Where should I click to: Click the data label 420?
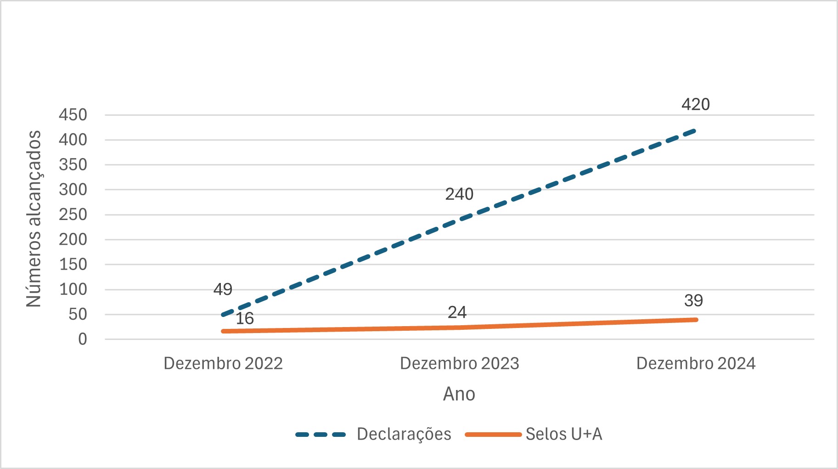click(695, 105)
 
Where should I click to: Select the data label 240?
click(459, 194)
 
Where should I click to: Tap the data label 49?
click(223, 289)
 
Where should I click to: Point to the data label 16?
click(244, 318)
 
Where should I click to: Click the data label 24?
click(457, 312)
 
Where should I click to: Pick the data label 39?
click(693, 301)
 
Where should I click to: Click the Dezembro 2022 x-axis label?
click(223, 363)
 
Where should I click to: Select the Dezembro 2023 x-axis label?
click(459, 363)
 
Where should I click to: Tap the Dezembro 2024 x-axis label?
click(696, 363)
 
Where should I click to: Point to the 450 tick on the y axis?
click(73, 115)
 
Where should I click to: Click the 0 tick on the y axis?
click(82, 339)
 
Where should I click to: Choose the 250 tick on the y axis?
click(73, 215)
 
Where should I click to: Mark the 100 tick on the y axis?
click(73, 289)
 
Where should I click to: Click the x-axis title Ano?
click(459, 394)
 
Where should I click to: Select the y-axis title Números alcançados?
click(34, 219)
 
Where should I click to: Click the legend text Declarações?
click(404, 434)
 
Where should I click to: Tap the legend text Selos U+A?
click(563, 434)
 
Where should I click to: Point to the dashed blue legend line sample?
click(321, 435)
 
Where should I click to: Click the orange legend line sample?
click(493, 435)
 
